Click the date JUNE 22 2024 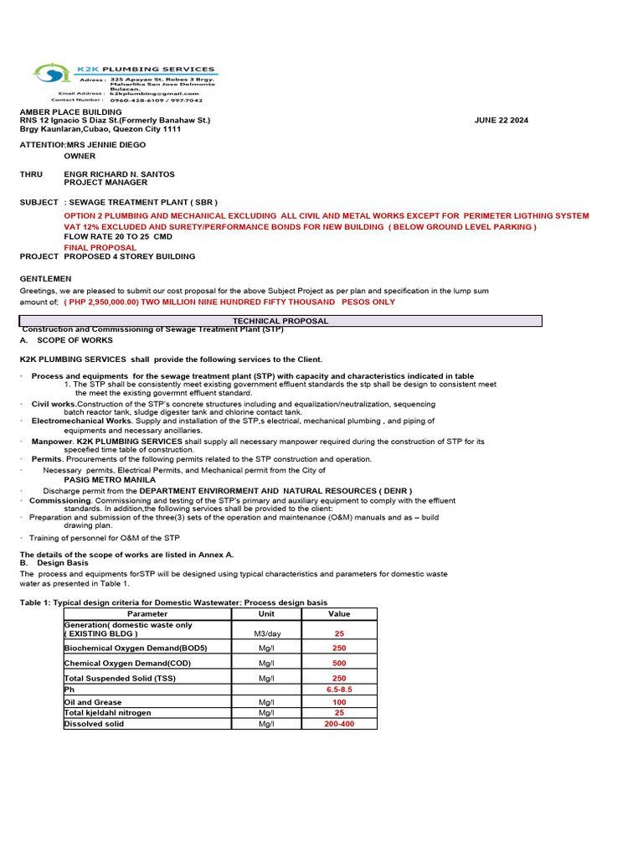tap(501, 121)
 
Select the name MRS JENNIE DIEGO tap(106, 145)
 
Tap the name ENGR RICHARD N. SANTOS tap(120, 174)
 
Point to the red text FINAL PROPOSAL tap(100, 248)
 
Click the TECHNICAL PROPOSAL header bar tap(280, 321)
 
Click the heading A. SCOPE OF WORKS tap(66, 341)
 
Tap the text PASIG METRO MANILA tap(110, 480)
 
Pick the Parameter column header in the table tap(147, 614)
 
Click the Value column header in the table tap(339, 614)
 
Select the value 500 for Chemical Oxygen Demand tap(339, 663)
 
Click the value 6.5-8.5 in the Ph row tap(339, 689)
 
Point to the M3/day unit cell tap(267, 634)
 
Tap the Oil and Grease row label tap(94, 702)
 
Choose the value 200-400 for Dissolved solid tap(339, 724)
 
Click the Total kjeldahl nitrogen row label tap(108, 713)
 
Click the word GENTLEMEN tap(46, 278)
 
